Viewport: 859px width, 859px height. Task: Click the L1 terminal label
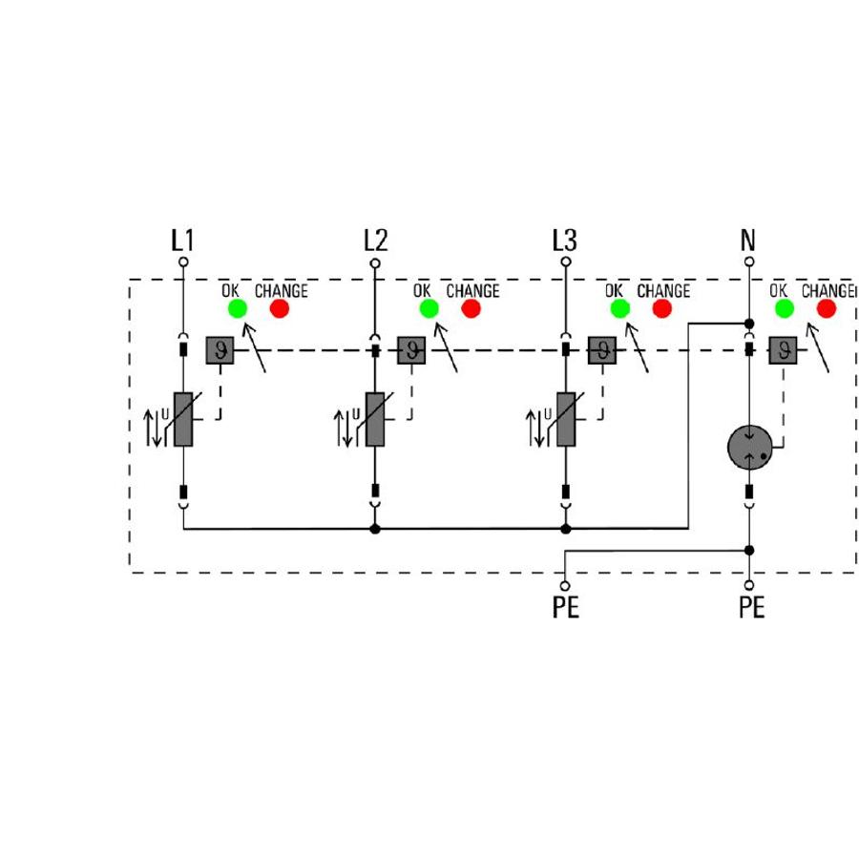tap(182, 241)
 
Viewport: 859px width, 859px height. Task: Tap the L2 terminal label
tap(376, 241)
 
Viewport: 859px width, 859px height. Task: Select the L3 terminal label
tap(565, 241)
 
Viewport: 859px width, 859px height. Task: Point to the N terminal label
tap(747, 241)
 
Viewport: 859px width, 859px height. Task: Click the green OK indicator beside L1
tap(238, 308)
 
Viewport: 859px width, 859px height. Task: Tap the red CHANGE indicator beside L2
tap(471, 308)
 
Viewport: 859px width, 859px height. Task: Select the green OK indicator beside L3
tap(619, 308)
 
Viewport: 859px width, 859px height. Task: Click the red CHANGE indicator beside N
tap(827, 308)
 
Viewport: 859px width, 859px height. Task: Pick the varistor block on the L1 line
tap(183, 419)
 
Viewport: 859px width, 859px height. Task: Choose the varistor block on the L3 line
tap(566, 419)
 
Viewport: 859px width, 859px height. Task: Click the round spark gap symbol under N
tap(749, 448)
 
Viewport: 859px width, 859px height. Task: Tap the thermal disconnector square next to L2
tap(411, 350)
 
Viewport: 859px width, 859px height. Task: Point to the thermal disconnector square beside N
tap(784, 350)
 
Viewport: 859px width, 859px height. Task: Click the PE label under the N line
tap(752, 607)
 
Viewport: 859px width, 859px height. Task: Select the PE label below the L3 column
tap(566, 607)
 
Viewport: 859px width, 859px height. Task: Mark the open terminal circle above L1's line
tap(183, 262)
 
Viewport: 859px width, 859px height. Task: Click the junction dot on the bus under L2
tap(375, 529)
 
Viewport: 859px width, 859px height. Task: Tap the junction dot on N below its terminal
tap(749, 324)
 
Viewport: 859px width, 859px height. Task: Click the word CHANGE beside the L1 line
tap(281, 291)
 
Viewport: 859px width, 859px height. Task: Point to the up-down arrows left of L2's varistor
tap(344, 429)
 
